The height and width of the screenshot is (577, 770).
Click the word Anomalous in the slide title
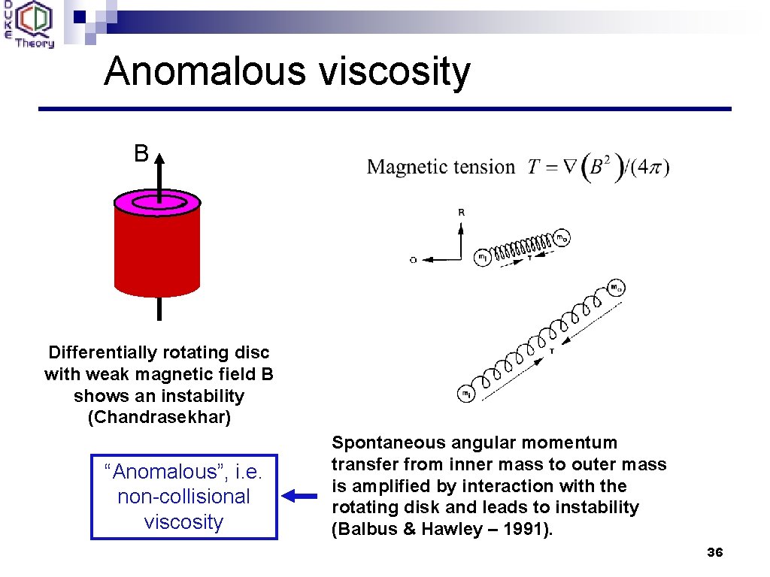pos(204,71)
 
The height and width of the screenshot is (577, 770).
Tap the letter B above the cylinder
pos(141,154)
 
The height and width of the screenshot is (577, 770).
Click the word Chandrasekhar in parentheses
pos(159,417)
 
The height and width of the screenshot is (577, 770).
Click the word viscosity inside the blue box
pos(183,521)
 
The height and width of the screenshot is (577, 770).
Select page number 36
pos(715,552)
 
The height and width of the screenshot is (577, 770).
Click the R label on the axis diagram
pos(461,213)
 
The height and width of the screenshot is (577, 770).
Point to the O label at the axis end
pos(414,260)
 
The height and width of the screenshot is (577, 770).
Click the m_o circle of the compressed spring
pos(562,239)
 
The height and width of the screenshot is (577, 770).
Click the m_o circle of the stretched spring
pos(616,288)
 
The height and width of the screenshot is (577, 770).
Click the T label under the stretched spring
pos(553,351)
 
